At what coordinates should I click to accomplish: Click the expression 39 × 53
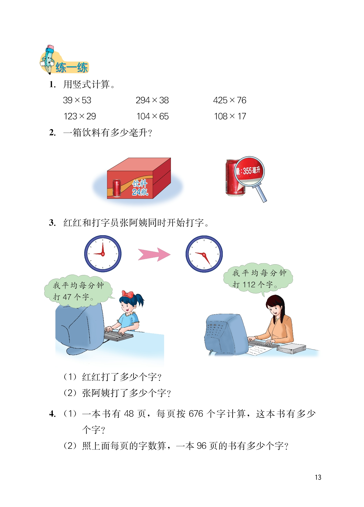coord(77,100)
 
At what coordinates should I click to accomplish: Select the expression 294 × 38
coord(152,100)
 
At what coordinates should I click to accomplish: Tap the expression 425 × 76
coord(229,100)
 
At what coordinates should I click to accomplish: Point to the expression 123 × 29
coord(80,116)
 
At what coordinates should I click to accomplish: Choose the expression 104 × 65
coord(153,116)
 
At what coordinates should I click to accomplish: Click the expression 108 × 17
coord(230,116)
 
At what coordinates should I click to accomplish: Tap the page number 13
coord(318,477)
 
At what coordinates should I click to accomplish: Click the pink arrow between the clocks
coord(154,254)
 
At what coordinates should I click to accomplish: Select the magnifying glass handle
coord(261,194)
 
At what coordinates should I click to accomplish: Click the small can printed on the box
coord(116,188)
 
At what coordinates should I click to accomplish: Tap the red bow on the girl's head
coord(128,294)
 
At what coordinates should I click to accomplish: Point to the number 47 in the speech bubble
coord(67,297)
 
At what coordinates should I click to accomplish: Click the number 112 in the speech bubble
coord(249,284)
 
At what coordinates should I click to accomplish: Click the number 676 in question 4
coord(196,414)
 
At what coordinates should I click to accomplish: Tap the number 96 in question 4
coord(202,446)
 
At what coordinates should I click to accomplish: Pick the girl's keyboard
coord(118,336)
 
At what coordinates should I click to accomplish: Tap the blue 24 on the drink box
coord(136,192)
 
